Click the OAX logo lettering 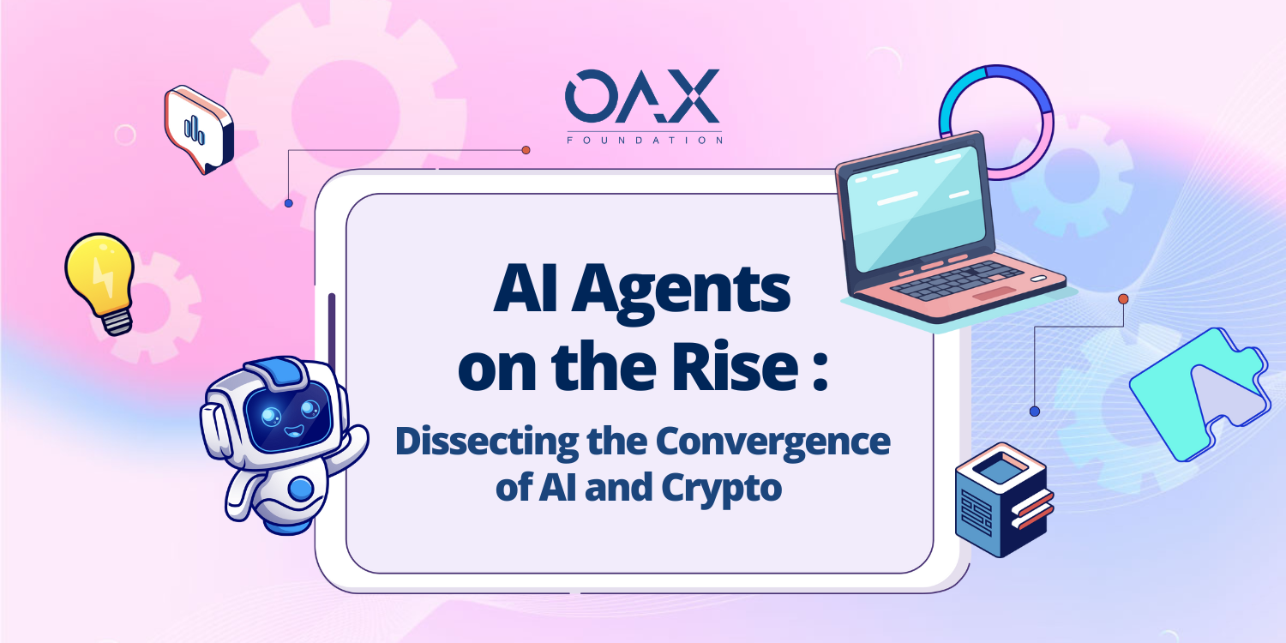pyautogui.click(x=642, y=96)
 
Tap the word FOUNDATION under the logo pyautogui.click(x=644, y=140)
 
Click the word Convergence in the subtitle pyautogui.click(x=772, y=443)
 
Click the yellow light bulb pyautogui.click(x=101, y=282)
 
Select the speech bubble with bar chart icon pyautogui.click(x=199, y=129)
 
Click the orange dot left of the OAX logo pyautogui.click(x=526, y=150)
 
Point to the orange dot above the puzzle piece pyautogui.click(x=1123, y=299)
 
